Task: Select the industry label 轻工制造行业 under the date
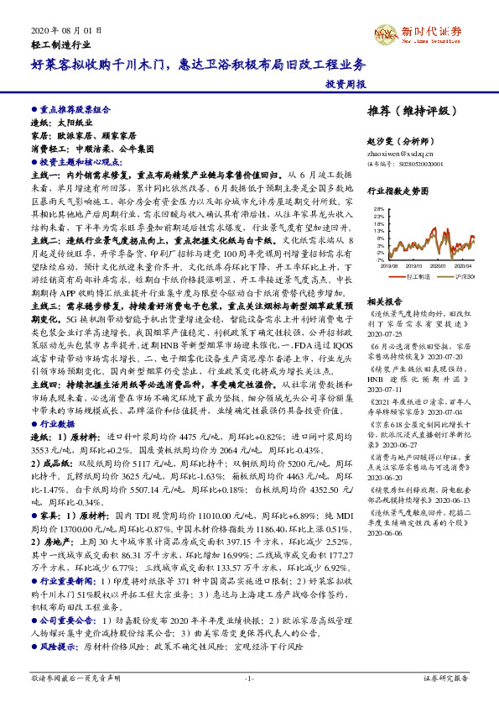59,43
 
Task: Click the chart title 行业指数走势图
398,191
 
